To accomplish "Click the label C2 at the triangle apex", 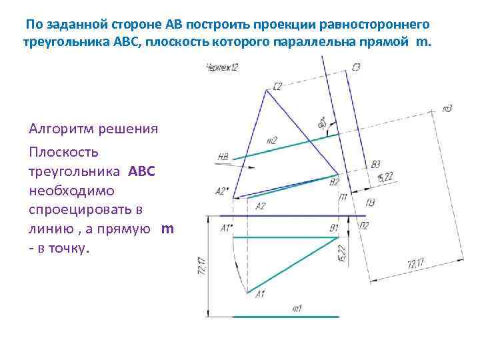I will (277, 85).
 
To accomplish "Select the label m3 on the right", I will (447, 108).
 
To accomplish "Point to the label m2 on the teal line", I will (271, 141).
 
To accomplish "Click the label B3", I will (376, 164).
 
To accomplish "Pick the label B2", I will (335, 181).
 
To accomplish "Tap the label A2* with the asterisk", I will (222, 191).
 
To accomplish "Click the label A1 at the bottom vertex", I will (261, 294).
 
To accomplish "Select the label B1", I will (334, 228).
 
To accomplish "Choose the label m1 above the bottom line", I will (297, 308).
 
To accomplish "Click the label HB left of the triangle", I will (223, 157).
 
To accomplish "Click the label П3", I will (370, 203).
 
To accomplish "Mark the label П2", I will (364, 227).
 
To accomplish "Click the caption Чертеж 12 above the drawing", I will (222, 66).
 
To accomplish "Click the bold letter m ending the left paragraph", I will (167, 229).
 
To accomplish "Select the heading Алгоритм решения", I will (93, 129).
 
